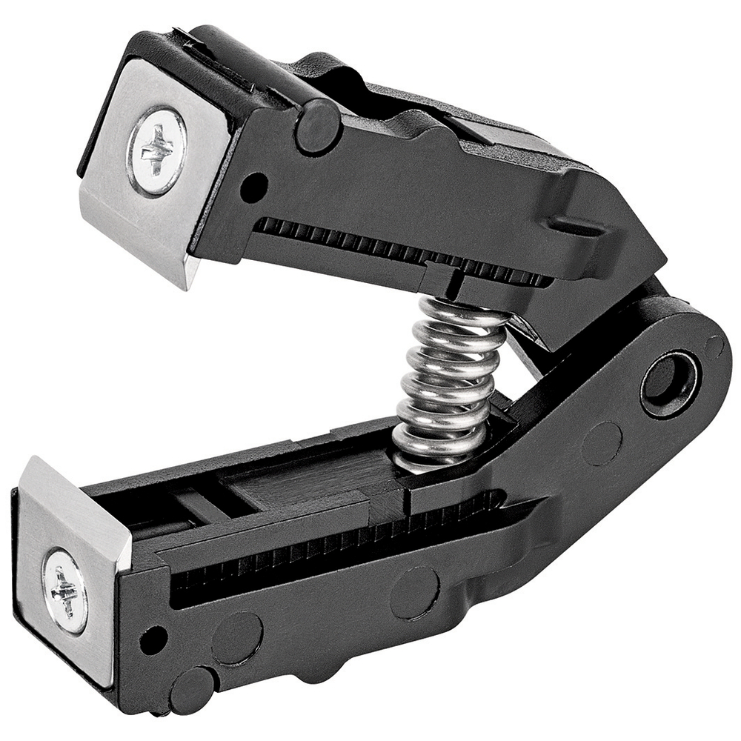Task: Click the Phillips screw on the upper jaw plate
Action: (x=157, y=150)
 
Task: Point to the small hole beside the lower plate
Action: (x=153, y=639)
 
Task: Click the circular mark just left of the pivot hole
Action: (x=602, y=443)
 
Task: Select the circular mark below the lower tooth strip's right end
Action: (x=414, y=592)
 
